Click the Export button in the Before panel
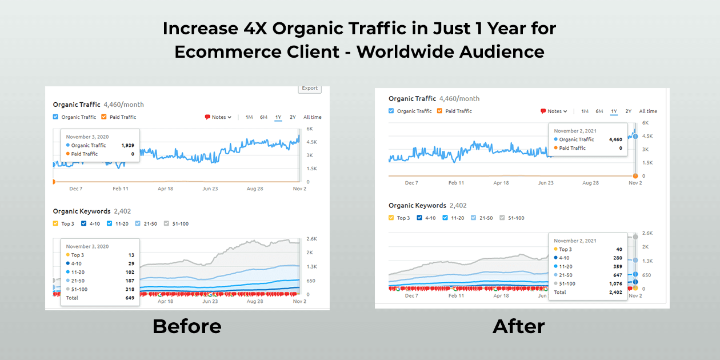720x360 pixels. point(310,88)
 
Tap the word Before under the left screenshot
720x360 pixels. point(186,326)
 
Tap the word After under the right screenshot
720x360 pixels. point(518,326)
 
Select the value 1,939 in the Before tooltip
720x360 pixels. point(127,146)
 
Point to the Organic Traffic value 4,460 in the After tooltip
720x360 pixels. point(615,139)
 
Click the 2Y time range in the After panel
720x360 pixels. point(628,111)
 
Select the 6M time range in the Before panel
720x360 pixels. point(263,117)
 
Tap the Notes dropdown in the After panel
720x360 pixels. point(554,111)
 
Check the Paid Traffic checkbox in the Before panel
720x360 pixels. point(104,117)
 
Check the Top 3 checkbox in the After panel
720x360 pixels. point(391,218)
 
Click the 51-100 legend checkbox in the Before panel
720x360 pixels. point(167,223)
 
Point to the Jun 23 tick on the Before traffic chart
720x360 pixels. point(210,189)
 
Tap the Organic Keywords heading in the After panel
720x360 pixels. point(417,205)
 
